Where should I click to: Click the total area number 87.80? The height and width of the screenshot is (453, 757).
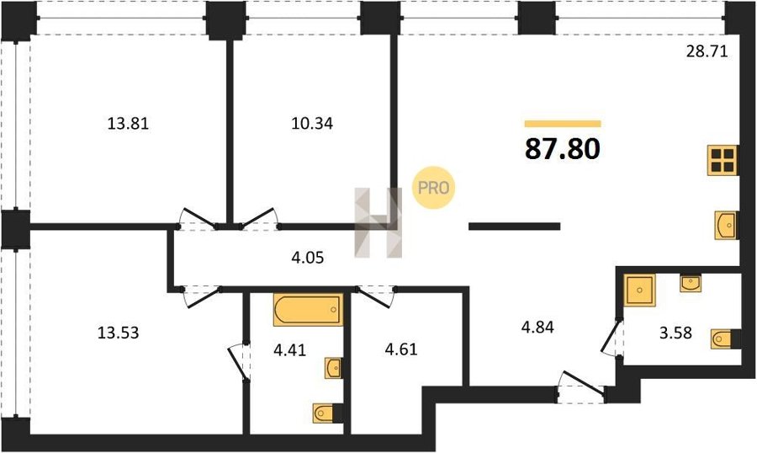coord(563,148)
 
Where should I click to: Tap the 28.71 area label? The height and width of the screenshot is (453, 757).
coord(707,51)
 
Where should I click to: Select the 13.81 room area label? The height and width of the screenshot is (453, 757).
coord(128,124)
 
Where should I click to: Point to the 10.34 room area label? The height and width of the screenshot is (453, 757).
coord(312,124)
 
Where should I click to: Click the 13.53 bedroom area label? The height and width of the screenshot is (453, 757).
coord(119,333)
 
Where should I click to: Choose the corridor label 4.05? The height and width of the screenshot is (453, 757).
coord(308,258)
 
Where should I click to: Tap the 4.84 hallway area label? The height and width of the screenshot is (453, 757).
coord(537,328)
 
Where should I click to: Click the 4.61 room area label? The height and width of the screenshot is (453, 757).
coord(401,349)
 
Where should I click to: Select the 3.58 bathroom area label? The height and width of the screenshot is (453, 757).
coord(676,333)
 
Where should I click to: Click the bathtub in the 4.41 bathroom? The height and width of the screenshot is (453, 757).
coord(308,309)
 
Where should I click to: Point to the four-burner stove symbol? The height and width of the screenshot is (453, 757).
coord(723,160)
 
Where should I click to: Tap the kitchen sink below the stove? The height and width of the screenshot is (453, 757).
coord(726,226)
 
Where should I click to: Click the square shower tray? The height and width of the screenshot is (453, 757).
coord(640,290)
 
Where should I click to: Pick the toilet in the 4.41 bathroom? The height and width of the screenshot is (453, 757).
coord(328,413)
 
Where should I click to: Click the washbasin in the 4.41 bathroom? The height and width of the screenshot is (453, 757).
coord(334,369)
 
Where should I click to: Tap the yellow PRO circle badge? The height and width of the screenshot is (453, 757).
coord(433,188)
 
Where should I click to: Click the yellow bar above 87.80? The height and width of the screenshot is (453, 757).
coord(563,124)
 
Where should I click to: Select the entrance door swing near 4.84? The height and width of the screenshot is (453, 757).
coord(581,386)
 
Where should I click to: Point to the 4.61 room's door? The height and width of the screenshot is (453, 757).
coord(376,296)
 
